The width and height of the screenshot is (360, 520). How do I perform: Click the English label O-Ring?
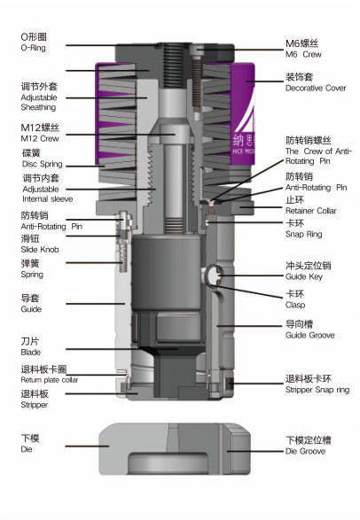tap(33, 48)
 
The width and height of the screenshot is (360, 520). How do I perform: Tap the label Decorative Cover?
tap(316, 89)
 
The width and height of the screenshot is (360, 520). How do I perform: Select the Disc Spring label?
tap(43, 164)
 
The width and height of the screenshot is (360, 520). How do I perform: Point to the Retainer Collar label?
tap(311, 211)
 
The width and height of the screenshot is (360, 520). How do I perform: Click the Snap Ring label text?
tap(303, 235)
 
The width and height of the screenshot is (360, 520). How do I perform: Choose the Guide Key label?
tap(304, 277)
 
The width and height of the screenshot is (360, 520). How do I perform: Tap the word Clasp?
tap(295, 305)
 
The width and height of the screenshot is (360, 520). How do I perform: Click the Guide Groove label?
tap(309, 335)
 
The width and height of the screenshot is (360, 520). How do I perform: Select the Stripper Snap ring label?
tap(317, 390)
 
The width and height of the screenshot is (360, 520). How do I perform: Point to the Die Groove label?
tap(305, 451)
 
